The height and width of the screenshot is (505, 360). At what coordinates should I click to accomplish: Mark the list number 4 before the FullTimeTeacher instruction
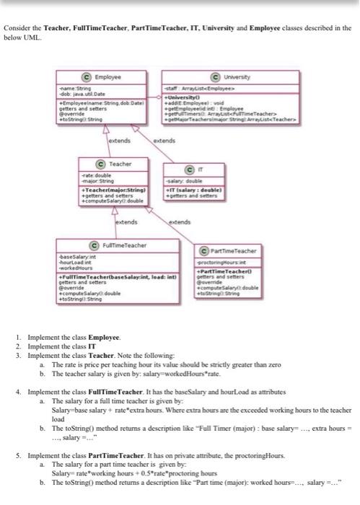coord(17,390)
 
